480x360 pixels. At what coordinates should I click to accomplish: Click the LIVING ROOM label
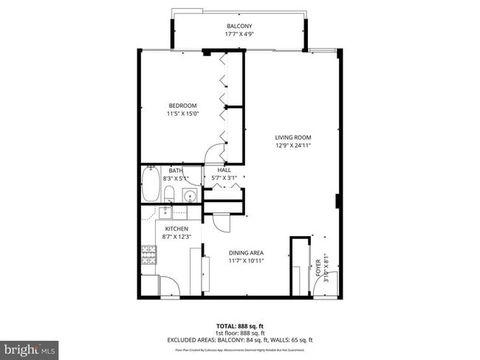(293, 137)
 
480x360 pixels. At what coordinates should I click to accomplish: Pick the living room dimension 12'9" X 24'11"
(293, 145)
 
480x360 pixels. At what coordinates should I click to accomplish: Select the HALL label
(224, 170)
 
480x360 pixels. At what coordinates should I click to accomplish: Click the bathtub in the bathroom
(150, 185)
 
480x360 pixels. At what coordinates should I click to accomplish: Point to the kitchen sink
(165, 212)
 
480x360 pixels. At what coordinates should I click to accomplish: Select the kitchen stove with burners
(149, 255)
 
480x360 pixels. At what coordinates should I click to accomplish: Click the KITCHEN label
(176, 229)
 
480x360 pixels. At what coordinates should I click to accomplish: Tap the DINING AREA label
(246, 252)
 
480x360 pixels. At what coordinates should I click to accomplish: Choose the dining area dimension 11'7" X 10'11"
(246, 260)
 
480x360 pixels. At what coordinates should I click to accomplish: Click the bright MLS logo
(30, 347)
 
